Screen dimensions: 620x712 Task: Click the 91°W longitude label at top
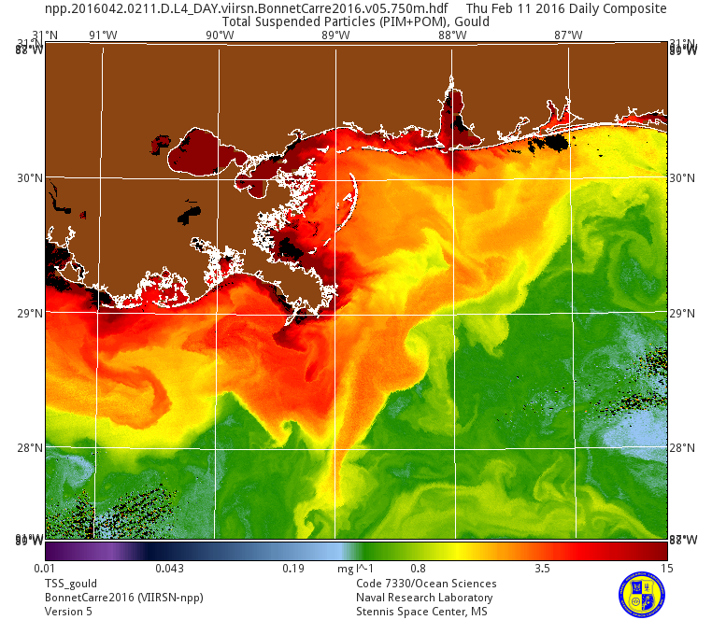pyautogui.click(x=103, y=35)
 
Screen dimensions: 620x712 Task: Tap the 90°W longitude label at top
pyautogui.click(x=220, y=35)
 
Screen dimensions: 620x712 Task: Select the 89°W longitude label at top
pyautogui.click(x=335, y=35)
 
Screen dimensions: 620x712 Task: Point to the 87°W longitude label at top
pyautogui.click(x=568, y=35)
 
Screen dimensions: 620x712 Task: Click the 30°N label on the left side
pyautogui.click(x=32, y=178)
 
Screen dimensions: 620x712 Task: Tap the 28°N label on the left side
pyautogui.click(x=32, y=448)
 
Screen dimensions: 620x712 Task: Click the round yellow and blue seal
pyautogui.click(x=642, y=594)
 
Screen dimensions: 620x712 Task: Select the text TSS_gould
pyautogui.click(x=71, y=584)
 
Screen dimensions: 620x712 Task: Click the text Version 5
pyautogui.click(x=69, y=612)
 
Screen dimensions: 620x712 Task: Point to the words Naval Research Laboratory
pyautogui.click(x=424, y=598)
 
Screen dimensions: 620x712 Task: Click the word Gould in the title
pyautogui.click(x=471, y=21)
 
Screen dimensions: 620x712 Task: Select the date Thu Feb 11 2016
pyautogui.click(x=522, y=8)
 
